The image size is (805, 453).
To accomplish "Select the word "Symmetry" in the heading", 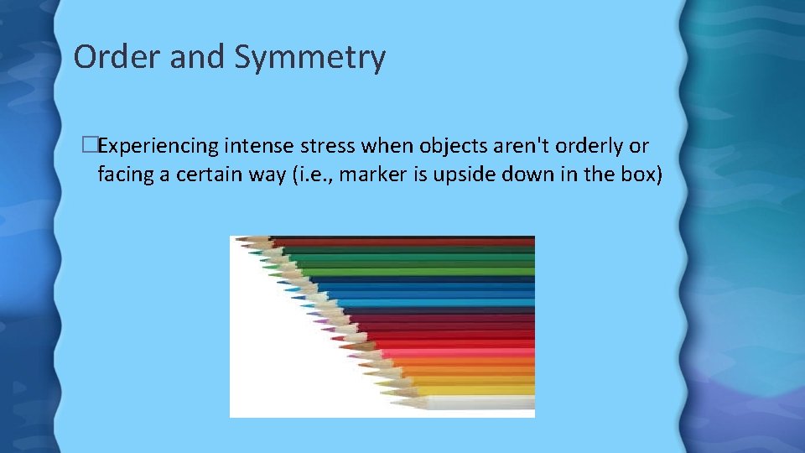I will [x=310, y=57].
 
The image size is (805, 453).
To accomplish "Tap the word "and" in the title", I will [x=195, y=57].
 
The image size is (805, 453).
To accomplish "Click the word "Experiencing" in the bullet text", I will [x=158, y=146].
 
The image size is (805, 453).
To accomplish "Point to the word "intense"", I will [x=256, y=146].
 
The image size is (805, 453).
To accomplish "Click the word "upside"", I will [x=454, y=175].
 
